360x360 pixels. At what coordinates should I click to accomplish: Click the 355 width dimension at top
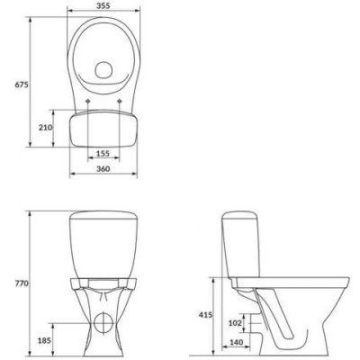click(103, 5)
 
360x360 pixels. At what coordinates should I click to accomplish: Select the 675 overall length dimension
click(22, 85)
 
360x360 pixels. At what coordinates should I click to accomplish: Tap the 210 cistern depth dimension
click(45, 128)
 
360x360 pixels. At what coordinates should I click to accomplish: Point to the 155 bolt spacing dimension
click(103, 154)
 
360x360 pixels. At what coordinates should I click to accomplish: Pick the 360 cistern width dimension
click(103, 169)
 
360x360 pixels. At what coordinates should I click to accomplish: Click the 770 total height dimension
click(22, 283)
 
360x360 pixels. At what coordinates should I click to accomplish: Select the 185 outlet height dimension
click(44, 340)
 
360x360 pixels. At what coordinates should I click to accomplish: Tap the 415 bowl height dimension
click(205, 315)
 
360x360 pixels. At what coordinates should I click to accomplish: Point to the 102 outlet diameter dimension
click(235, 323)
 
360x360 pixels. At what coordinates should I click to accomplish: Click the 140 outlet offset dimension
click(237, 342)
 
